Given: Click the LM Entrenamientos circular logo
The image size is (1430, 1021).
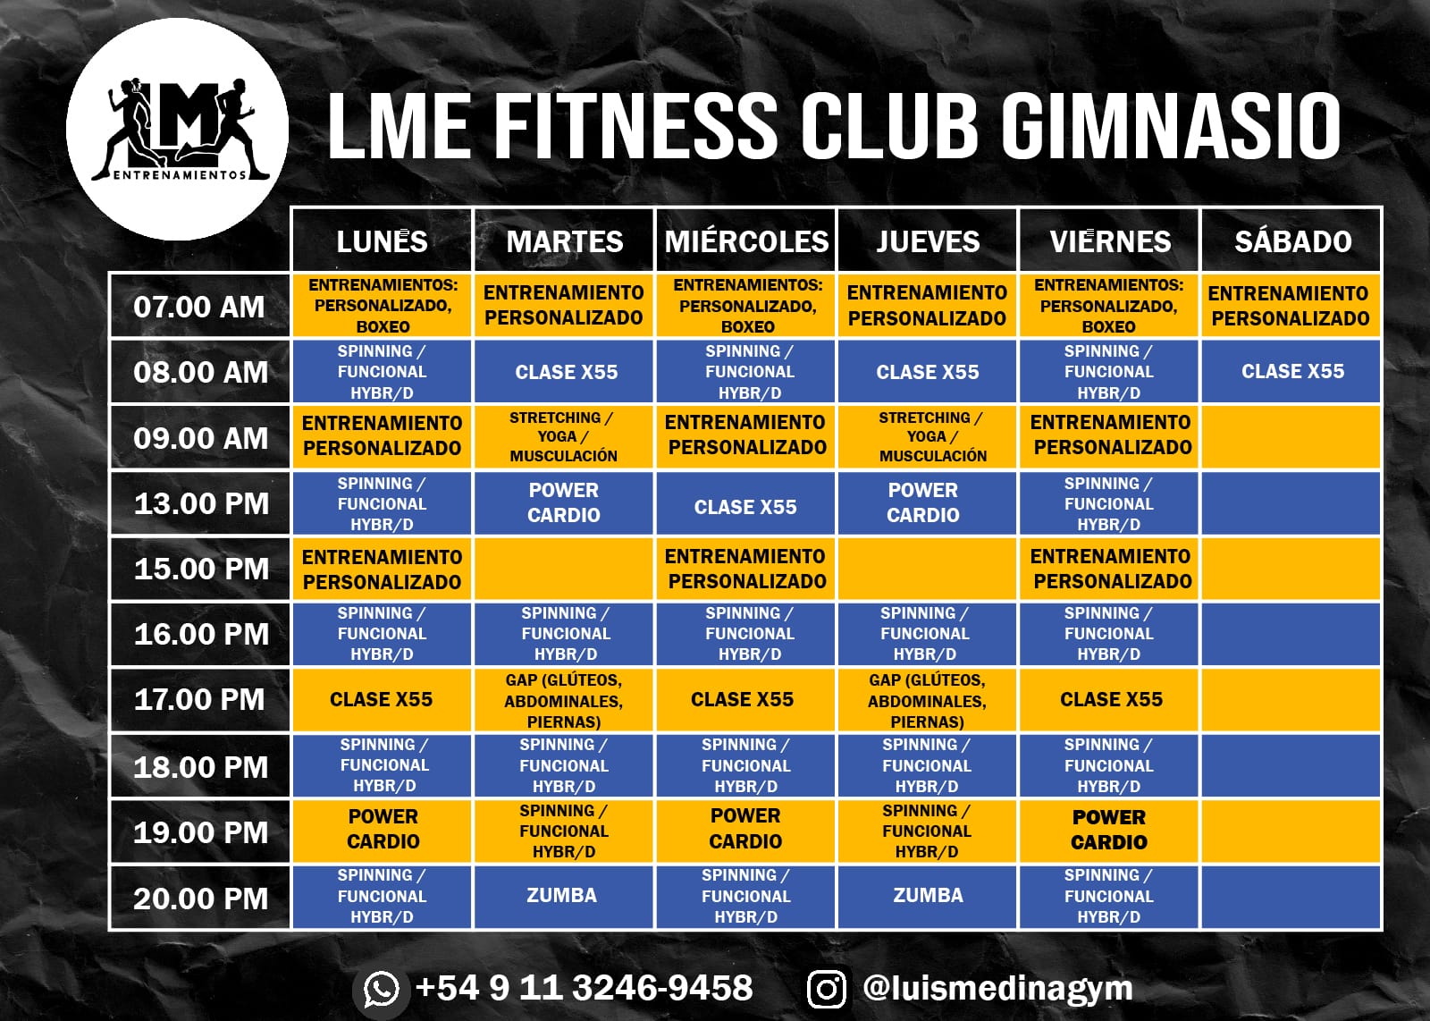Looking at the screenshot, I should (x=177, y=129).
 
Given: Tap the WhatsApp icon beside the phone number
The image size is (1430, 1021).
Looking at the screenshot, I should (x=382, y=989).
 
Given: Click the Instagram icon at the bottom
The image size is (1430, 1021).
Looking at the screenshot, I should (x=827, y=989).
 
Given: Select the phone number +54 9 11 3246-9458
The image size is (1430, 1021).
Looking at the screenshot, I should (x=584, y=988).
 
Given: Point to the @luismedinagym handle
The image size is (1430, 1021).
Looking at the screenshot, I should (x=997, y=988).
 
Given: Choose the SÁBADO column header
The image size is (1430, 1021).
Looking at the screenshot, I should (x=1292, y=240).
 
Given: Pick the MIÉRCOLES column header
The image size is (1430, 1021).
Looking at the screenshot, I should (x=746, y=240).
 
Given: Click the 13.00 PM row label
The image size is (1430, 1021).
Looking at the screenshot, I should (x=201, y=503).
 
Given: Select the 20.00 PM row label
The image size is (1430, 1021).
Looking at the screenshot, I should (x=201, y=898).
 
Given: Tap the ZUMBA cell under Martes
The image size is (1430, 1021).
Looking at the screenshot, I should (x=562, y=896).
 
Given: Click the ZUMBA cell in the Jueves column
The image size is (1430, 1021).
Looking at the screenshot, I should (x=928, y=896).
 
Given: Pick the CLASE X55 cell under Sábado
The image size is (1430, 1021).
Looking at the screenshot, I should (x=1292, y=371).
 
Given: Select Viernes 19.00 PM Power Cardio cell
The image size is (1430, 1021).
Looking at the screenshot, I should (x=1109, y=830).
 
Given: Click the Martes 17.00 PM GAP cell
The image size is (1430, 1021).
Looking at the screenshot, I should (x=563, y=700).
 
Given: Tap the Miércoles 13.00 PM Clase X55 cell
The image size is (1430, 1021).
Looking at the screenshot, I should (x=745, y=506).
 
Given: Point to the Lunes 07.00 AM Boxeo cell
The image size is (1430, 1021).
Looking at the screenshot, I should (x=383, y=306).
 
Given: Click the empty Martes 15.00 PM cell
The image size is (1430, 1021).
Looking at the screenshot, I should (x=563, y=569).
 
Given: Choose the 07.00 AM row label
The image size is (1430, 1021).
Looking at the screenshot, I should (x=199, y=307).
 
